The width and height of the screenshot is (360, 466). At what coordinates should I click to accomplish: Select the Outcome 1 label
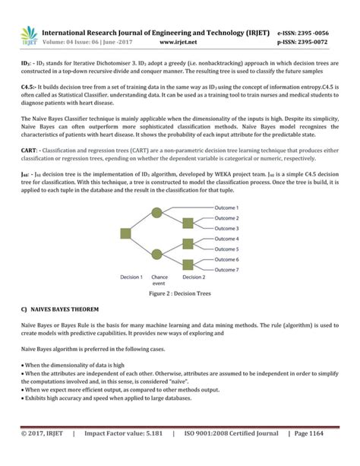226,208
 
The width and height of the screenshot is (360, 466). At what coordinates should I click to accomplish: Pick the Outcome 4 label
226,239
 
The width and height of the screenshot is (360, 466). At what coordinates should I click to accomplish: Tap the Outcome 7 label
226,270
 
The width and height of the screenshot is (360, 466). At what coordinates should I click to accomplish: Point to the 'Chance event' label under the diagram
159,281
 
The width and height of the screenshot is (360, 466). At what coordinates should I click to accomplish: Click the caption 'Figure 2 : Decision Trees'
179,293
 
